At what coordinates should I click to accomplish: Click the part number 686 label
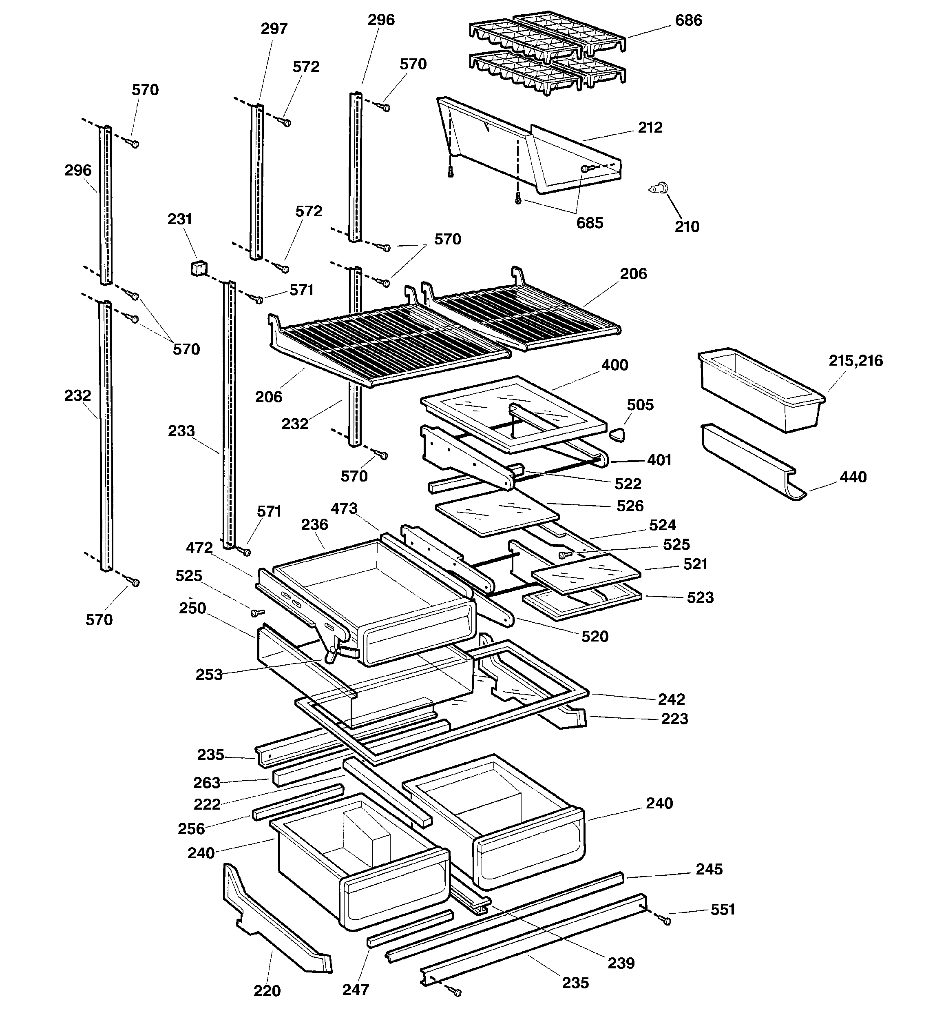click(x=689, y=21)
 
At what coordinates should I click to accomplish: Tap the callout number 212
click(x=650, y=127)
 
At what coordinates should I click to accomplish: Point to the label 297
click(x=274, y=29)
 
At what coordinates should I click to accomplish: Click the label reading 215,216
click(x=855, y=361)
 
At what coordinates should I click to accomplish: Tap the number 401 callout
click(x=659, y=460)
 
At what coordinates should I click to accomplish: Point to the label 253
click(x=209, y=675)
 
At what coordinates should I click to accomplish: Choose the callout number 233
click(x=181, y=431)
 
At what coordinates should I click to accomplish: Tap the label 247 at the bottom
click(x=356, y=989)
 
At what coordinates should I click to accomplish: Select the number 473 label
click(x=344, y=508)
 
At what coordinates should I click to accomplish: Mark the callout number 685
click(x=590, y=223)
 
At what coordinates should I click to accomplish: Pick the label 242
click(x=671, y=699)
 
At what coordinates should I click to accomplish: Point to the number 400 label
click(x=614, y=365)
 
